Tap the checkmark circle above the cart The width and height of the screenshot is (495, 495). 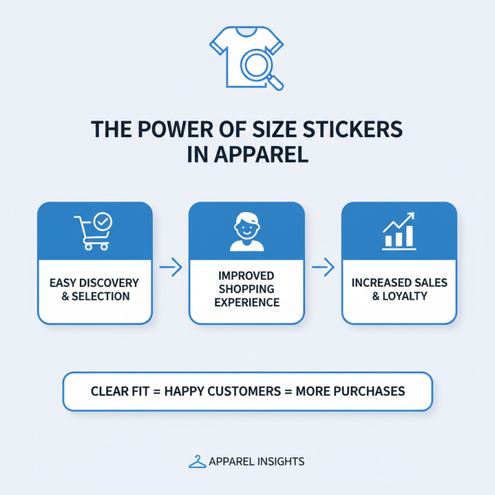point(101,220)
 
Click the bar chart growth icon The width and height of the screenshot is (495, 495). point(399,231)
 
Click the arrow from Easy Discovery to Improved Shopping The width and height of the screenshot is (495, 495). point(170,267)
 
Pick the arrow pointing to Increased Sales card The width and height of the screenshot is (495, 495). point(323,267)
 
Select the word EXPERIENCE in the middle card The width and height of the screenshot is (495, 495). point(246,303)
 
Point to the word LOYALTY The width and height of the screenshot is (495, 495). point(405,296)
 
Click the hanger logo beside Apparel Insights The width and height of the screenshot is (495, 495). point(197,462)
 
